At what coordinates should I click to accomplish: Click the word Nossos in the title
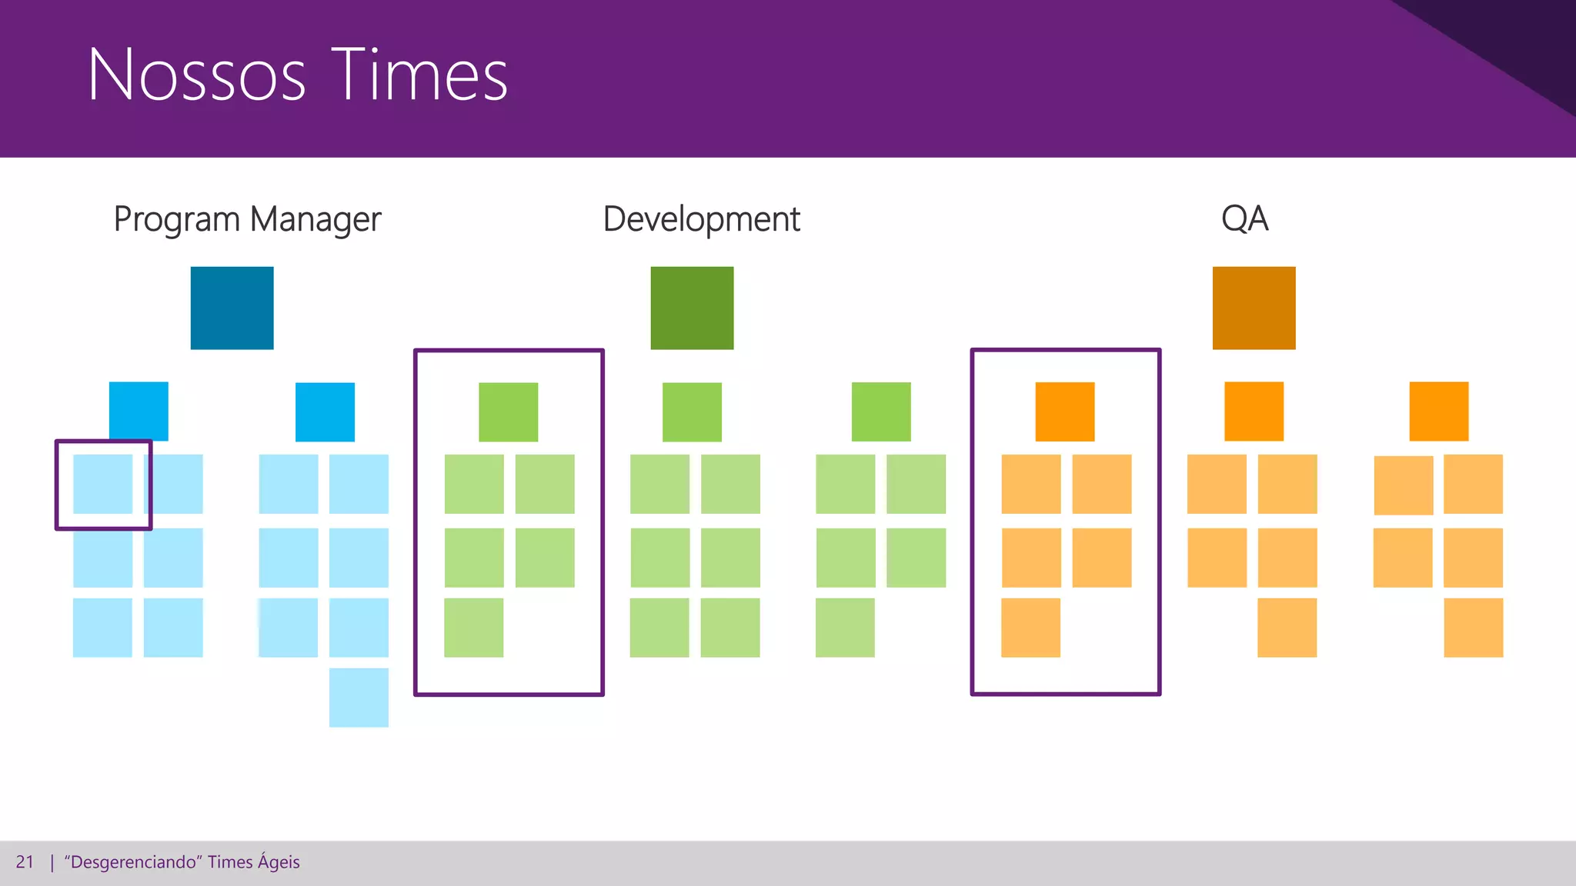click(x=197, y=75)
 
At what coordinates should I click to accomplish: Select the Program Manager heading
click(x=247, y=219)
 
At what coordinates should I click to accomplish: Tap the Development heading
click(x=701, y=219)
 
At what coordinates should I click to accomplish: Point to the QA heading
click(x=1244, y=218)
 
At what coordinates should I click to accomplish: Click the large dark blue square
click(x=232, y=308)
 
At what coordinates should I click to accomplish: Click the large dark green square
click(x=692, y=308)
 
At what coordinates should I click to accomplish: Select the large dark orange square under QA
click(x=1254, y=308)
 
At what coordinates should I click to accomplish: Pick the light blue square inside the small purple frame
click(x=102, y=484)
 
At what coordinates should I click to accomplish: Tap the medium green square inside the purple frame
click(x=508, y=411)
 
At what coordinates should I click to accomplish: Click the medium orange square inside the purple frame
click(x=1064, y=411)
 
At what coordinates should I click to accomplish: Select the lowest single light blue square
click(x=359, y=698)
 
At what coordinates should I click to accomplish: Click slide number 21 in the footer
click(x=25, y=862)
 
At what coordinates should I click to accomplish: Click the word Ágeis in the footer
click(x=279, y=862)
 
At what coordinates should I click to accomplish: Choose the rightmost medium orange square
click(x=1438, y=411)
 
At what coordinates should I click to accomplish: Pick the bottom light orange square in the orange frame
click(x=1030, y=628)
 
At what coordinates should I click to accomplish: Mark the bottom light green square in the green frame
click(x=473, y=628)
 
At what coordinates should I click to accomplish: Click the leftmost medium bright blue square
click(x=139, y=411)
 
